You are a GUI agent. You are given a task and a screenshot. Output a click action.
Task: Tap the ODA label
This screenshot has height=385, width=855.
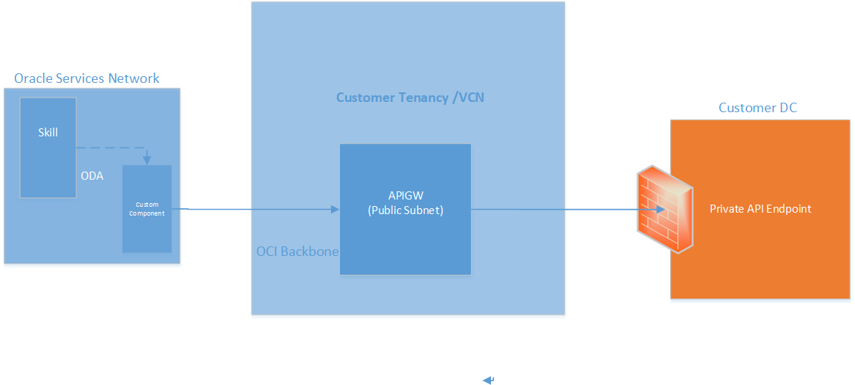coord(92,176)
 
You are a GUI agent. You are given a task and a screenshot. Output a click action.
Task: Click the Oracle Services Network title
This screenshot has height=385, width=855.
coord(87,78)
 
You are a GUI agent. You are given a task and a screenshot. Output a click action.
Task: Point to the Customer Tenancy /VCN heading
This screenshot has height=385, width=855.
coord(410,98)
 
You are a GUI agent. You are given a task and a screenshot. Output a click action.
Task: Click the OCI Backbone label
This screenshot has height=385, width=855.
coord(297,252)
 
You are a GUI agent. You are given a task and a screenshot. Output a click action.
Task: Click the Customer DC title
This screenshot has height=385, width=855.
coord(757,108)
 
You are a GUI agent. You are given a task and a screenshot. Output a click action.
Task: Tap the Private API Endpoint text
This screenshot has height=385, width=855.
coord(760,209)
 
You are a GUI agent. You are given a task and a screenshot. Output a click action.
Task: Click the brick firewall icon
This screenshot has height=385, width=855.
coord(664,209)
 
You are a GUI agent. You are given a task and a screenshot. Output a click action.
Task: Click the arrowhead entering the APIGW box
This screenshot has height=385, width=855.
coord(335,210)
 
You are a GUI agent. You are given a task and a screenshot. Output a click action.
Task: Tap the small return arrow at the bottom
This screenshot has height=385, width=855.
coord(488,380)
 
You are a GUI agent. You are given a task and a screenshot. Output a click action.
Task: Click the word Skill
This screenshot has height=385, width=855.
coord(48,133)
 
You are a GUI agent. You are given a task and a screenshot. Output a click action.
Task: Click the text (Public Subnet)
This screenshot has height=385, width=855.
coord(405,210)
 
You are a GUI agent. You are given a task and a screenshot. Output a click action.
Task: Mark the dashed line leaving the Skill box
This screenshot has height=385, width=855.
coord(110,148)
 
